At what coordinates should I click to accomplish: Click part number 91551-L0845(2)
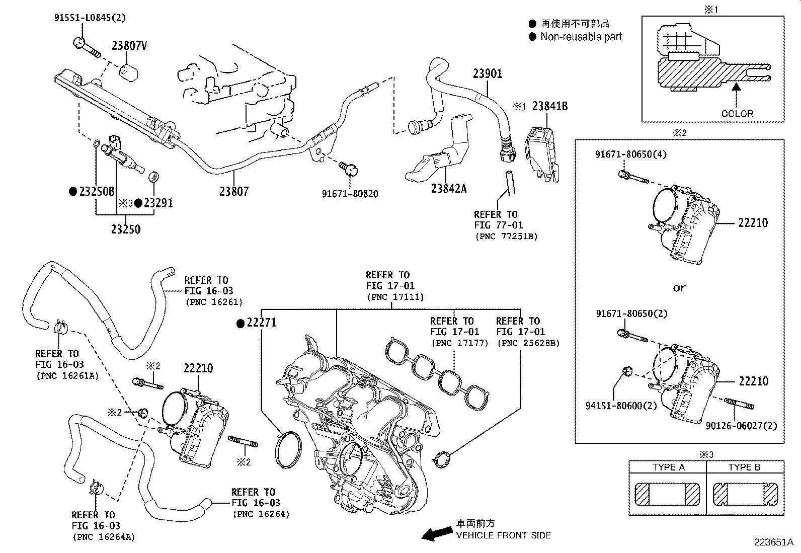tap(90, 18)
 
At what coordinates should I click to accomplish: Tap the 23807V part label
tap(129, 45)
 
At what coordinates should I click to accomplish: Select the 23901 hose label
tap(488, 73)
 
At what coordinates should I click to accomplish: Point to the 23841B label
tap(550, 106)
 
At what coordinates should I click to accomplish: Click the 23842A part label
tap(449, 189)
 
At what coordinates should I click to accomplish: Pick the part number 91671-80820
tap(350, 194)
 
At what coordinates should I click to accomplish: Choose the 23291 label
tap(158, 203)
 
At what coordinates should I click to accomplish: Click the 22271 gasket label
tap(262, 323)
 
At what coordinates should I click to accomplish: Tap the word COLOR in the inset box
tap(737, 114)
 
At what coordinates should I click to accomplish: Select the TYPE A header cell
tap(668, 467)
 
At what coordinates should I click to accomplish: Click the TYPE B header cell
tap(745, 467)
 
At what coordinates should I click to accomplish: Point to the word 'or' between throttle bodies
tap(679, 288)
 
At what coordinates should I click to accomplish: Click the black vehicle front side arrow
tap(437, 533)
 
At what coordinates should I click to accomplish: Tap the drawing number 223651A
tap(774, 542)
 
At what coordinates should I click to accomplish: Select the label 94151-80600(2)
tap(621, 406)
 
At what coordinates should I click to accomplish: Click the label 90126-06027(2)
tap(741, 426)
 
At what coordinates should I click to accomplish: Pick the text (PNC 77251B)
tap(506, 236)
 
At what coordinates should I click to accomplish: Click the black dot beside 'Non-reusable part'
tap(532, 37)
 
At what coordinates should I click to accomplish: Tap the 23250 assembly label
tap(125, 229)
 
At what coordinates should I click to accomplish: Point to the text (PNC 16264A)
tap(104, 537)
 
